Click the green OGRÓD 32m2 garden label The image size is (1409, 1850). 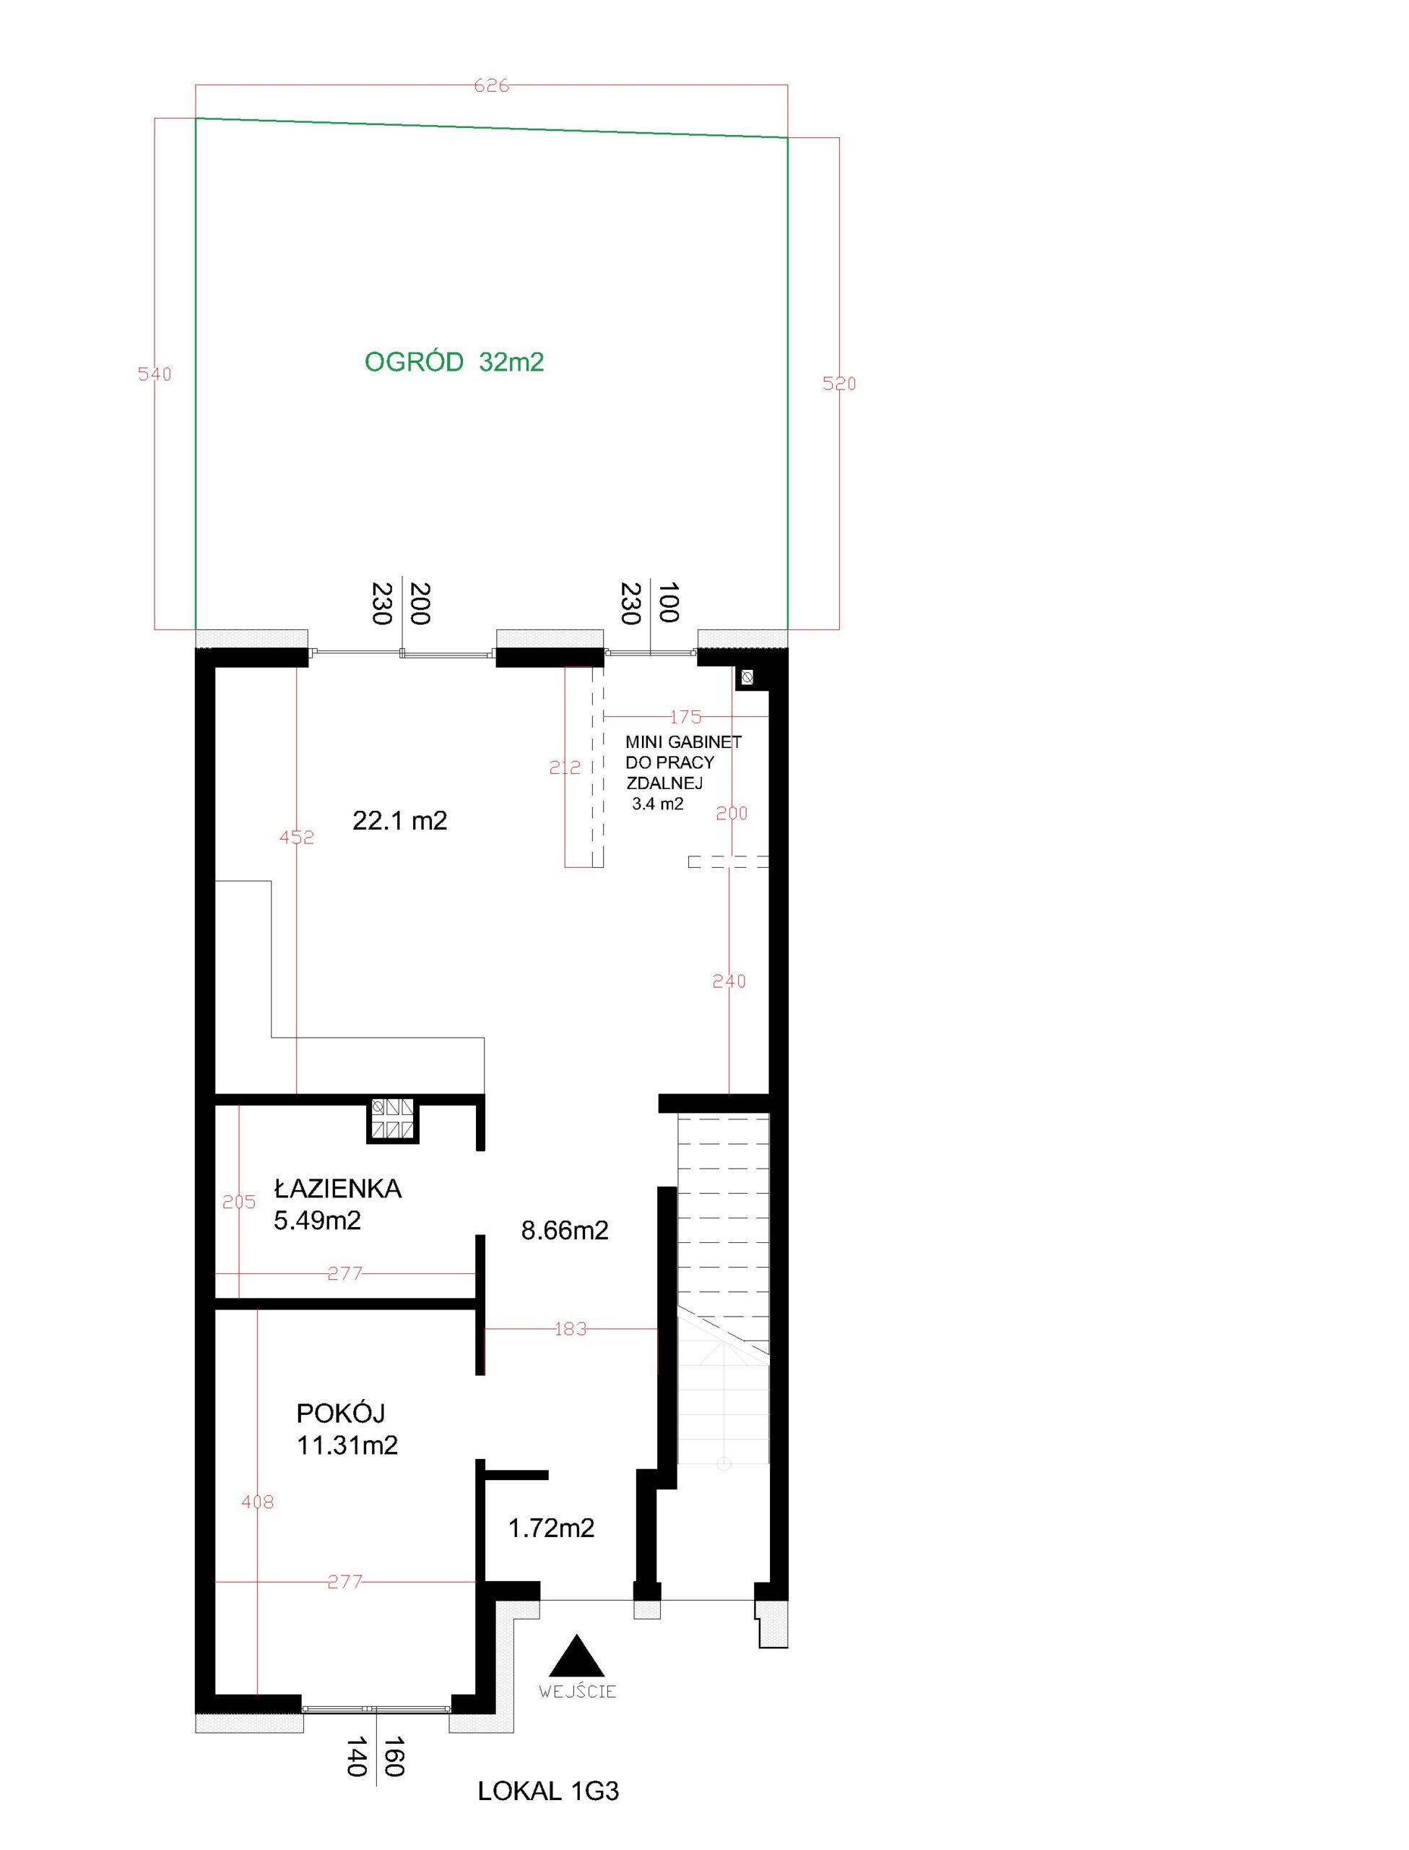point(454,363)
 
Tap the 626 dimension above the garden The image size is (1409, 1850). point(492,85)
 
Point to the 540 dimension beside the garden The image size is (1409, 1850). point(155,374)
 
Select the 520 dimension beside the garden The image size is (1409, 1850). point(839,384)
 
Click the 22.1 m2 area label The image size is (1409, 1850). point(400,820)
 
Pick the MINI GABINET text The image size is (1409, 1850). point(683,742)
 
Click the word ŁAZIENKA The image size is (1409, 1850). point(338,1189)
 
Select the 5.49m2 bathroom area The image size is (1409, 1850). point(317,1221)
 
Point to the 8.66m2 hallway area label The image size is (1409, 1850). point(565,1231)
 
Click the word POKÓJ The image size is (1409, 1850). point(340,1413)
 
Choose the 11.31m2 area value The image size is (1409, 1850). point(347,1445)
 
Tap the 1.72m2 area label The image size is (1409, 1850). point(551,1528)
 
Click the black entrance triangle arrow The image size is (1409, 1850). point(577,1657)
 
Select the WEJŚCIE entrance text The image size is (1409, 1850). point(578,1692)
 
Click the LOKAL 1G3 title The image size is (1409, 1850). point(548,1792)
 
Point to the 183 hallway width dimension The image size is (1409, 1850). point(571,1329)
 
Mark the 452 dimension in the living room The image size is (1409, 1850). point(297,837)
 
